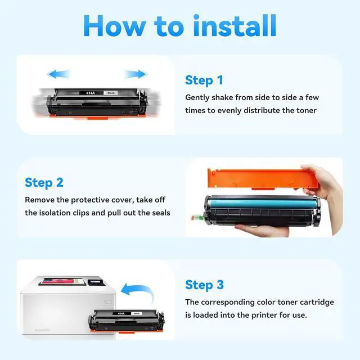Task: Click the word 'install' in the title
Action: coord(235,25)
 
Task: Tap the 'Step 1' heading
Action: coord(204,80)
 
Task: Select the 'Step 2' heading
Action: coord(44,183)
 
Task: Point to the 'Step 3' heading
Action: coord(204,285)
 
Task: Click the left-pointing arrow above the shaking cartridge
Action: coord(58,74)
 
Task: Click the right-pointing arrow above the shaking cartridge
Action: coord(136,74)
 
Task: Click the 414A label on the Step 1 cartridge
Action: coord(91,93)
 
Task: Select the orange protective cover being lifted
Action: coord(260,179)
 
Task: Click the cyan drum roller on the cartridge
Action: coord(262,204)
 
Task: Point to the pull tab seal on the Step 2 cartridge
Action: coord(197,217)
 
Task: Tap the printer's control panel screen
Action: coord(94,282)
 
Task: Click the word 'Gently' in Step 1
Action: coord(197,98)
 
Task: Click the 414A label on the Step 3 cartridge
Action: coord(121,313)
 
